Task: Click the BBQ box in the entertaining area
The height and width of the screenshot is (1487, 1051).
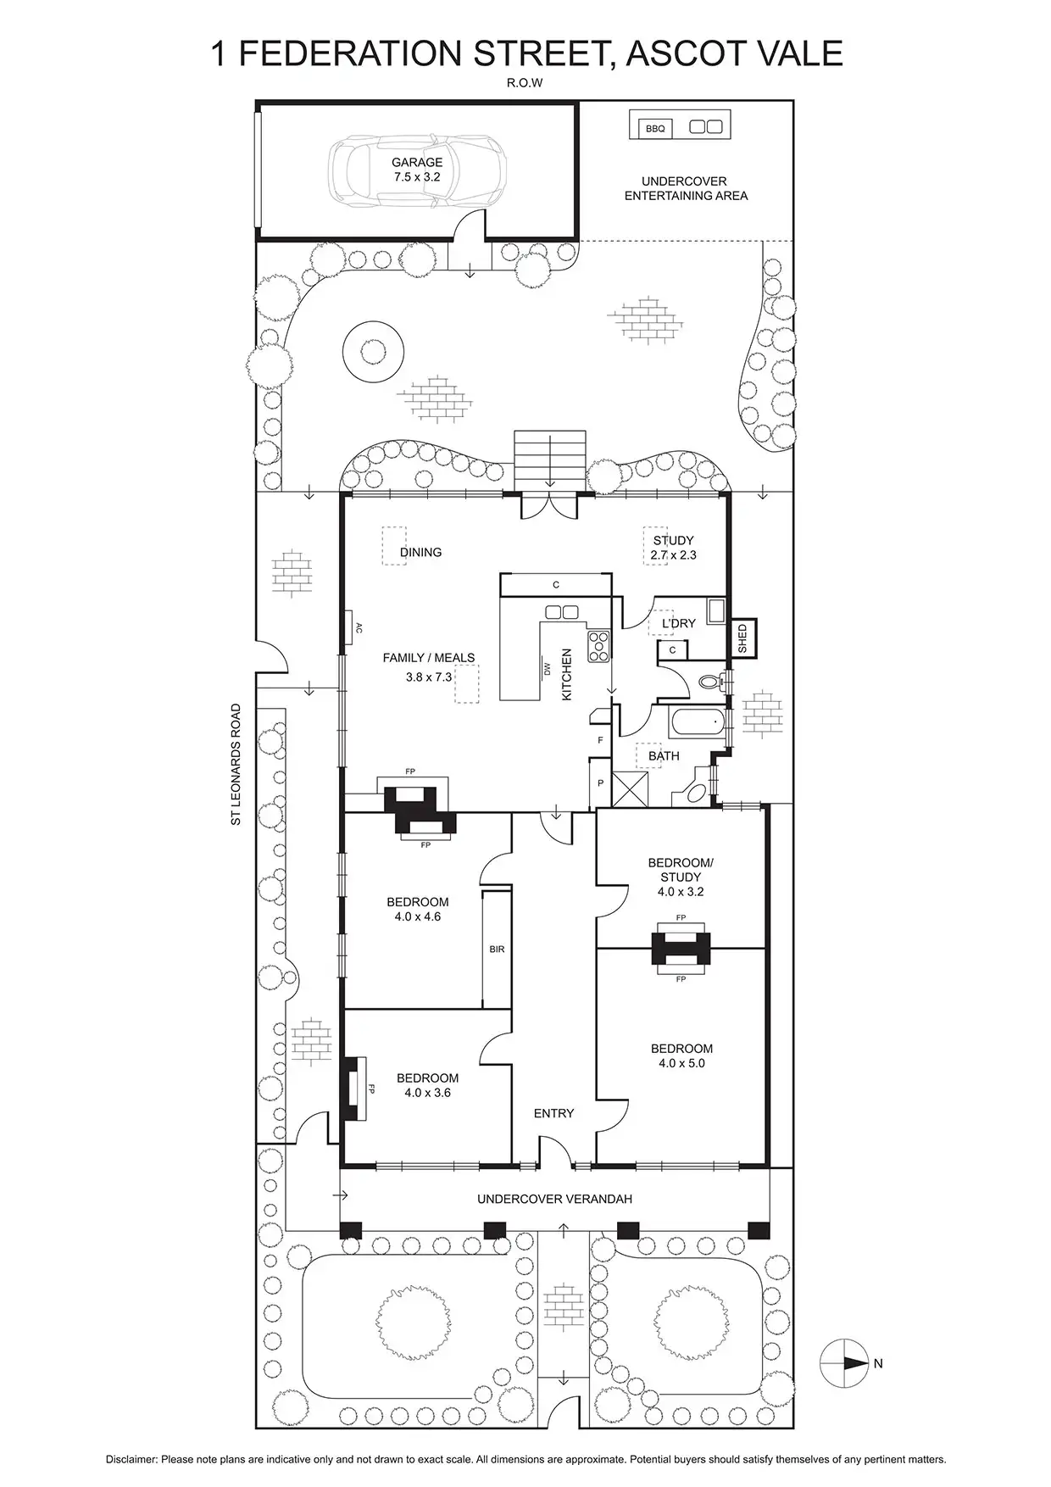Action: (655, 128)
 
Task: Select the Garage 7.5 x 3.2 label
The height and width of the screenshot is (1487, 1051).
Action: (417, 170)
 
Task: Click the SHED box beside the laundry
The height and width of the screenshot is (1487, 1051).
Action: (742, 638)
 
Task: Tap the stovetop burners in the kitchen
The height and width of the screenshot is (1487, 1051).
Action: (598, 645)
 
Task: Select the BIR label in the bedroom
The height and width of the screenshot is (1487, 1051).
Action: (497, 950)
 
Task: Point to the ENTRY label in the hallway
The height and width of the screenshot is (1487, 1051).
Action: (553, 1113)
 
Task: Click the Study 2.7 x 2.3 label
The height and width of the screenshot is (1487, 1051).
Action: (673, 548)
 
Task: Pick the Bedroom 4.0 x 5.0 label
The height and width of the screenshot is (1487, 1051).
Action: (681, 1055)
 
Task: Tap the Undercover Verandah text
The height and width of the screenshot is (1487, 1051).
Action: (554, 1199)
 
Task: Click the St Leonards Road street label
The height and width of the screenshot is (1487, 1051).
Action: (236, 764)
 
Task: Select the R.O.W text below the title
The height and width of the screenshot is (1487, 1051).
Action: (525, 83)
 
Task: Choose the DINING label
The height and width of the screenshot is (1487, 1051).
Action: (421, 552)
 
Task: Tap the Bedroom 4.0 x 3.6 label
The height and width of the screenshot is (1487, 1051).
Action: (427, 1085)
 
